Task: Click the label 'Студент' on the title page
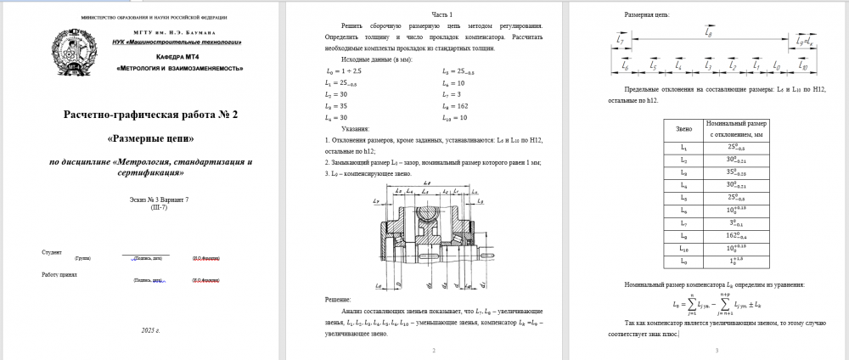pos(52,252)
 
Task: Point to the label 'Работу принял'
pos(59,274)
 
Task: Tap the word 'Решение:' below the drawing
pos(338,299)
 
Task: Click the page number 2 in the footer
pos(434,350)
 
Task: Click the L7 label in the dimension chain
pos(621,39)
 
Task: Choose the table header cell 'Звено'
pos(683,129)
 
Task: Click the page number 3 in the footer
pos(717,350)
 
